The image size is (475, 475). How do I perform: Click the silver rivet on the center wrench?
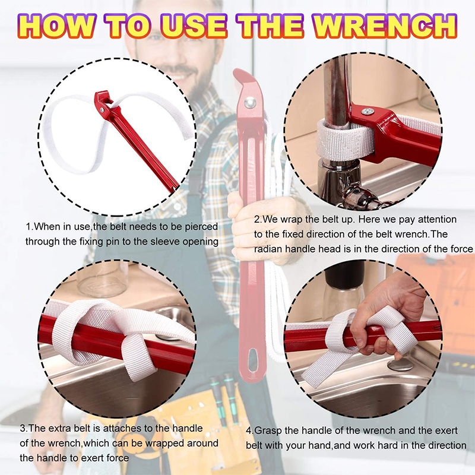250,102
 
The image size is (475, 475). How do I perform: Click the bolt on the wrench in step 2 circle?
368,112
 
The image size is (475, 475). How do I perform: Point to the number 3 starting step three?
23,428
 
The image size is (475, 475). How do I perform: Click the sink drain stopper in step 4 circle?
400,365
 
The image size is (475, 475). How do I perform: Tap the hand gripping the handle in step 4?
385,315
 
